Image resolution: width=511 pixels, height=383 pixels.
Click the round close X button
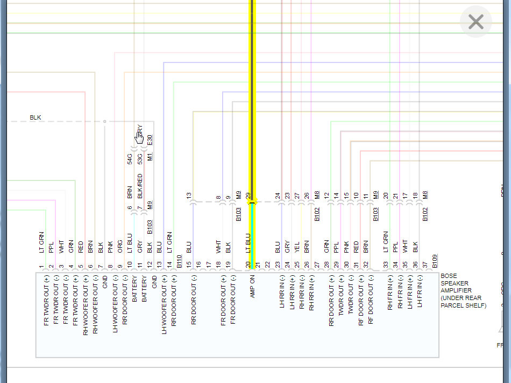point(476,22)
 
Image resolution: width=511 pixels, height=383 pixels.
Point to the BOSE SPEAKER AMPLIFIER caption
point(463,290)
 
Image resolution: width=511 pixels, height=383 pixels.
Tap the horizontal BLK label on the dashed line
point(36,117)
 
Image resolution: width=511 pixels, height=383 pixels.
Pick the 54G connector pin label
point(130,158)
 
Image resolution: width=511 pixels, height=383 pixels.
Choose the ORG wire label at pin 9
point(120,247)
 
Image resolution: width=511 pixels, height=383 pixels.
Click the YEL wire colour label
point(297,247)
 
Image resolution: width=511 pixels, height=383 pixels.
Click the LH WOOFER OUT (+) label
point(164,304)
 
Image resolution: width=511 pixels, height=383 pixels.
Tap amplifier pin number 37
point(424,264)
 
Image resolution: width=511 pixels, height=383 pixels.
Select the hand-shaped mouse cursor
point(139,137)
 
